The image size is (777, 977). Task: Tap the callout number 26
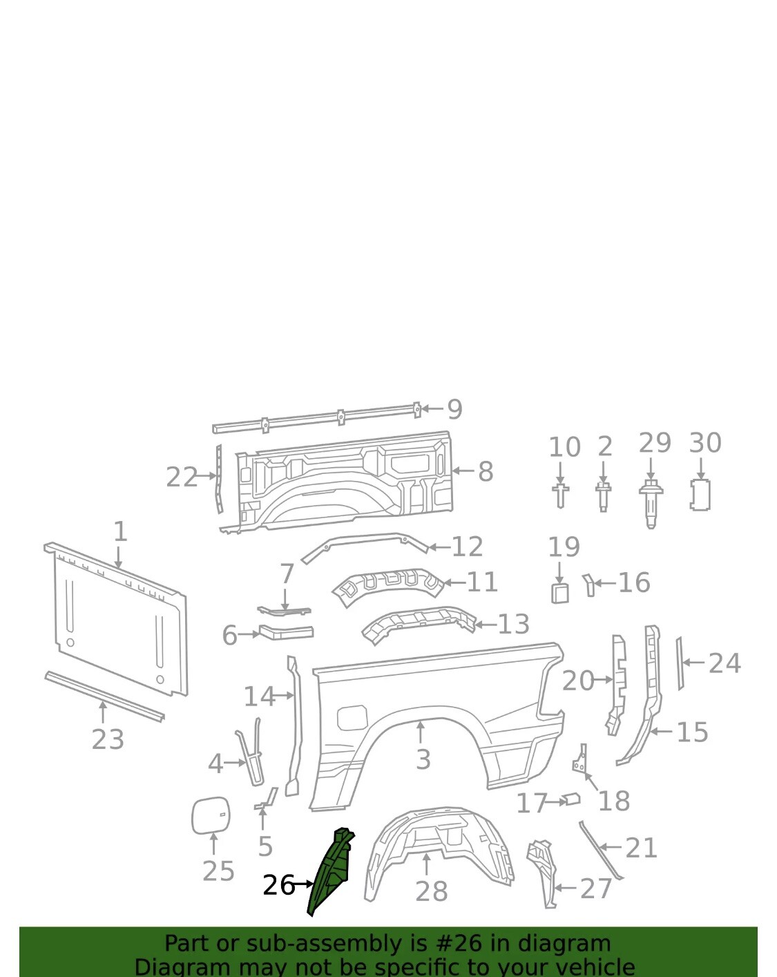point(278,885)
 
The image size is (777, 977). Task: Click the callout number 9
point(454,410)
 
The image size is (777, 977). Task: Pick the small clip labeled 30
point(700,495)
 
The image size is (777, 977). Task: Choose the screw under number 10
point(560,495)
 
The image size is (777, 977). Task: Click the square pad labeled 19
point(559,593)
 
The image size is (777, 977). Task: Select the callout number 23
point(108,739)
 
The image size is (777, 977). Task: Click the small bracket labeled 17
point(571,799)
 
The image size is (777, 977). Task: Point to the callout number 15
point(692,732)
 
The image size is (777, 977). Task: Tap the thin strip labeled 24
point(680,663)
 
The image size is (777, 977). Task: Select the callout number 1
point(120,532)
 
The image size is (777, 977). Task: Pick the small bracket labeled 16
point(588,584)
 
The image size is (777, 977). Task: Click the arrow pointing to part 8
point(462,471)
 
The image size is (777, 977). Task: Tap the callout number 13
point(513,625)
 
